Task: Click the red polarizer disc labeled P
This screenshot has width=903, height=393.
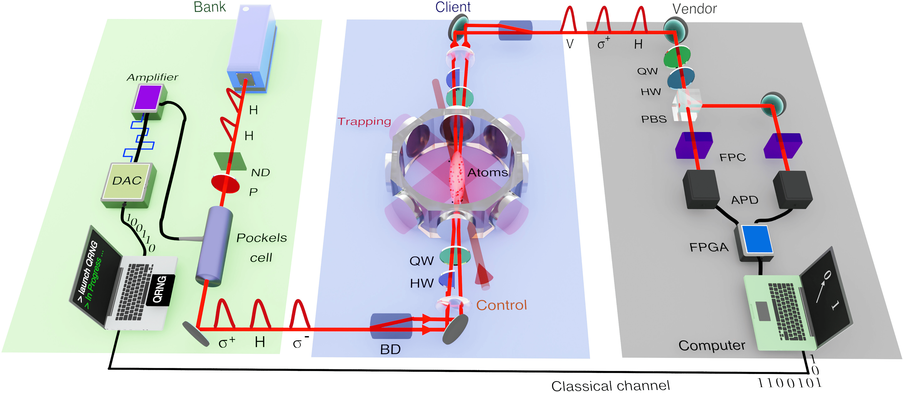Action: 225,184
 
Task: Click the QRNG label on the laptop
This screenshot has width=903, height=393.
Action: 160,290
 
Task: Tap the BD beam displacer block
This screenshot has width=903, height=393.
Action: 391,326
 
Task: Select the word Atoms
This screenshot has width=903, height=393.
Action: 488,173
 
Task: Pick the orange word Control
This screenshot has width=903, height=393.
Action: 501,305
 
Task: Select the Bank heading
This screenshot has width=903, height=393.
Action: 210,7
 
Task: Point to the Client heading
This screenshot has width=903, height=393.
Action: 453,7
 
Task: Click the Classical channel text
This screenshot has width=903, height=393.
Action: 610,386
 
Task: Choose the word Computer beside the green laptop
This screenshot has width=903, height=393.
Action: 712,345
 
